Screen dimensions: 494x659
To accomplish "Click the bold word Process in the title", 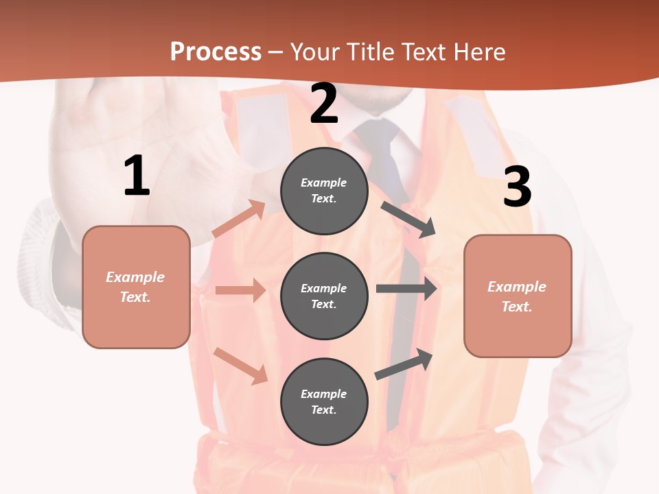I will [x=216, y=51].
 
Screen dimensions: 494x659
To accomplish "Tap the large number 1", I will [x=137, y=176].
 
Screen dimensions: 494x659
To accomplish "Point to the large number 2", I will [x=324, y=104].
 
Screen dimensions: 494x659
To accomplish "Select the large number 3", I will [x=517, y=187].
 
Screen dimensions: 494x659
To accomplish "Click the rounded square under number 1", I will [x=136, y=287].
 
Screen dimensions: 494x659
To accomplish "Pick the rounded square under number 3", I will [x=518, y=296].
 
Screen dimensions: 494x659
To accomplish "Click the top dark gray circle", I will [x=324, y=190].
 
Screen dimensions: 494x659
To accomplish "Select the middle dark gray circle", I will [x=324, y=296].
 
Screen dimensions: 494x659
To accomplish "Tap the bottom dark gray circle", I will [x=324, y=401].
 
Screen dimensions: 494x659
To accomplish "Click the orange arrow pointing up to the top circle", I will [x=239, y=220].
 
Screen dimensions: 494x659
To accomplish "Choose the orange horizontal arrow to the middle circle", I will [x=240, y=290].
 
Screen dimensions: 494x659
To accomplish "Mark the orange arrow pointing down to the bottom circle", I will [x=241, y=366].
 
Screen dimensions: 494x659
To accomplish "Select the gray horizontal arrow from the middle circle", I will [x=406, y=289].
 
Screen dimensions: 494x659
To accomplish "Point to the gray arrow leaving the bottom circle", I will [x=404, y=364].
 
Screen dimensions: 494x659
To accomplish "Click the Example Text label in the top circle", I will [x=324, y=191].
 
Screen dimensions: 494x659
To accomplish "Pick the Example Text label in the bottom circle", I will [x=324, y=402].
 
